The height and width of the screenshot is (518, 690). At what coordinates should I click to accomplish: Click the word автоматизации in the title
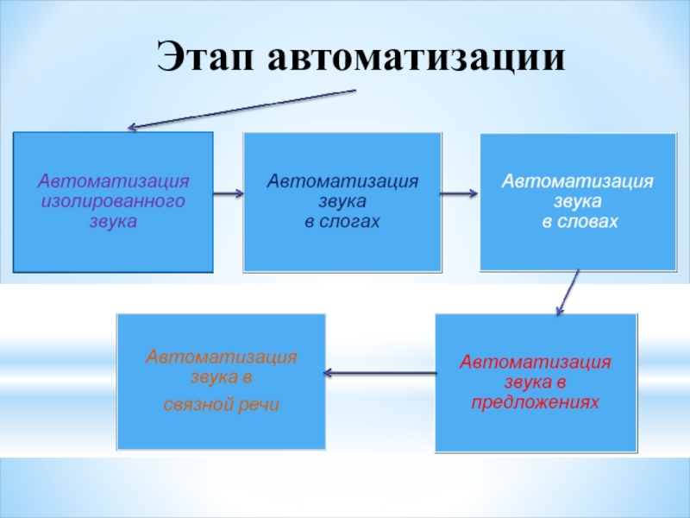(417, 59)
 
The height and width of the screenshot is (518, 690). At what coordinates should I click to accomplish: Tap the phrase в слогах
(342, 222)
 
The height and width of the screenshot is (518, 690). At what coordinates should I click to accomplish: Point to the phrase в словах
(580, 222)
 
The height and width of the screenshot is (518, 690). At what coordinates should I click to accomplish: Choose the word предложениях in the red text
(535, 401)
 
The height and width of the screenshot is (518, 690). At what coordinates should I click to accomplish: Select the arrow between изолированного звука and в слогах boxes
(228, 193)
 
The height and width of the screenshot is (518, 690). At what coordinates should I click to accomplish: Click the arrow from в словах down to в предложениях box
(566, 293)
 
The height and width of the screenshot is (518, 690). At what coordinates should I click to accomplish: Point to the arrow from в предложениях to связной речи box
(379, 373)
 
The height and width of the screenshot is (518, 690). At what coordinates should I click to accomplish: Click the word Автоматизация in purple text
(113, 182)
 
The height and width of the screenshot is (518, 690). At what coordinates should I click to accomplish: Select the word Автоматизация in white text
(578, 182)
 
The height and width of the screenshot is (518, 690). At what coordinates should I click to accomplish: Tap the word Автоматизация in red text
(535, 362)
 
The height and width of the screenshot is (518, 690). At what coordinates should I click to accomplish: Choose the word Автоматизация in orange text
(222, 357)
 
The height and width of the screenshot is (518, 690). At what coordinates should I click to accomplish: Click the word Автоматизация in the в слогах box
(342, 182)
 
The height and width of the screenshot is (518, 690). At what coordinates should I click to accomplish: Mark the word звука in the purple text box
(113, 221)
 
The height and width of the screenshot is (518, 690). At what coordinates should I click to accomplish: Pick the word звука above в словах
(578, 202)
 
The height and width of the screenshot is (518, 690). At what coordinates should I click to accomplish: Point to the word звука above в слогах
(342, 202)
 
